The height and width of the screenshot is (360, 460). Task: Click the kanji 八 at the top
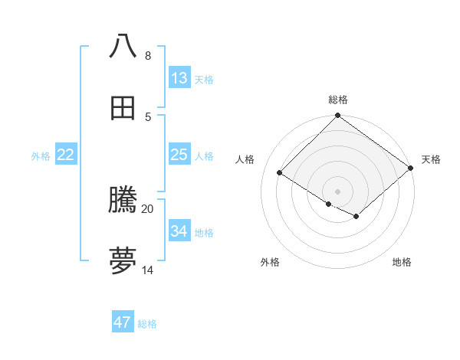[123, 46]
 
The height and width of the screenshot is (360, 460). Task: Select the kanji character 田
[123, 108]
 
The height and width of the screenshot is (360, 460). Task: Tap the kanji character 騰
[123, 200]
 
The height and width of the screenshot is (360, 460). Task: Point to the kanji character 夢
[123, 261]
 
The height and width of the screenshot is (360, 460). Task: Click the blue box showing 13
[179, 78]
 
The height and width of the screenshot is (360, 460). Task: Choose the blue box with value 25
[179, 155]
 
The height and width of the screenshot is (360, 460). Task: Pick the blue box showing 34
[179, 231]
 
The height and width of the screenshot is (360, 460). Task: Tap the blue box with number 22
[66, 155]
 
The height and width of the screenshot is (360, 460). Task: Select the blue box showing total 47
[123, 322]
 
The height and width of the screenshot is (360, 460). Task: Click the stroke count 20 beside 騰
[148, 208]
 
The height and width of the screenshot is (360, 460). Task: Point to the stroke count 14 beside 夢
[148, 270]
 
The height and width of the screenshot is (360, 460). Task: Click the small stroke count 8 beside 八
[148, 55]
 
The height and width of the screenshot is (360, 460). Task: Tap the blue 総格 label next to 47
[147, 324]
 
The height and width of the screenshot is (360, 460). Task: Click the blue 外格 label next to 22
[41, 156]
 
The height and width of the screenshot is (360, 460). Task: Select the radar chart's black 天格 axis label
[431, 159]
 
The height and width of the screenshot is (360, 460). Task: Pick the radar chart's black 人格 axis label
[245, 159]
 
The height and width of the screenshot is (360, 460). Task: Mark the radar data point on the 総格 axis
[337, 116]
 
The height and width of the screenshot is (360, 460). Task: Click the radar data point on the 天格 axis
[412, 169]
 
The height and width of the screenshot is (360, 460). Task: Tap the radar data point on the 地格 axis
[356, 217]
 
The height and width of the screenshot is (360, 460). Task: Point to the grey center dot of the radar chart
[337, 191]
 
